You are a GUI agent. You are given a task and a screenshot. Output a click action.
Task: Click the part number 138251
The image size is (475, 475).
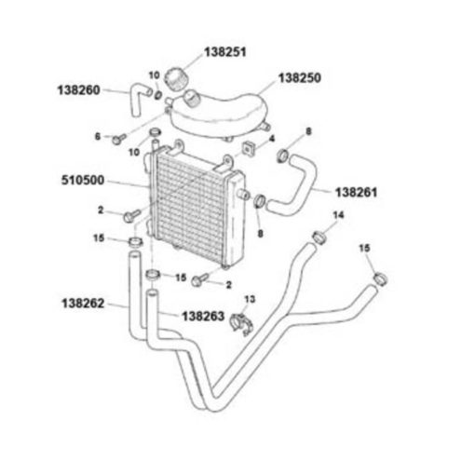[x=225, y=52]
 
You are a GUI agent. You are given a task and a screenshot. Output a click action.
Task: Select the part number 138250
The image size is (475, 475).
[x=300, y=78]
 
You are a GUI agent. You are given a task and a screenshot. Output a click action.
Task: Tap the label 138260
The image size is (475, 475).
[x=79, y=90]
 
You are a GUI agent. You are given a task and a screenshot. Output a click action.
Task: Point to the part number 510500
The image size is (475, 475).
[x=83, y=181]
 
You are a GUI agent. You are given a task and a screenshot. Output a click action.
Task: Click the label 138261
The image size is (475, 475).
[x=357, y=193]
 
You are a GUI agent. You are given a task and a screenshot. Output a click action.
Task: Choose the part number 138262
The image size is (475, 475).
[x=83, y=304]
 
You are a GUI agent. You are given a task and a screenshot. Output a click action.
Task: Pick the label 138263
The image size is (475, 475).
[x=203, y=317]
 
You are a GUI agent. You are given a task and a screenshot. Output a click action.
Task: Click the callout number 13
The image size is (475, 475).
[x=250, y=299]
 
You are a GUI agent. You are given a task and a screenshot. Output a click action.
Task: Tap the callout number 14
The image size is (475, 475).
[x=338, y=215]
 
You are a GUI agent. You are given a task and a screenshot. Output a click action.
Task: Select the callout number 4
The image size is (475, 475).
[x=272, y=139]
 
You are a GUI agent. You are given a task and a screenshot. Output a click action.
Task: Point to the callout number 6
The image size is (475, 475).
[x=98, y=136]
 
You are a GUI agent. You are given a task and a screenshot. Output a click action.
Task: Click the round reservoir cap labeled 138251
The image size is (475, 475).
[x=176, y=79]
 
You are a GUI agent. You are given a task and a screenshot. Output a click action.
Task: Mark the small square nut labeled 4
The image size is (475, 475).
[x=247, y=149]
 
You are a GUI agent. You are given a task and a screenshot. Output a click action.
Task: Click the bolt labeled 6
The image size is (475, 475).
[x=119, y=139]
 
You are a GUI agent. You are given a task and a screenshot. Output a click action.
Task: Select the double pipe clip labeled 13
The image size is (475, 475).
[x=243, y=324]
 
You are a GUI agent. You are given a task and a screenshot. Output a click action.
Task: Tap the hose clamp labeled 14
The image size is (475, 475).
[x=319, y=238]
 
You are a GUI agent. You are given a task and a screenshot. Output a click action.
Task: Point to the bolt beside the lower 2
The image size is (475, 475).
[x=200, y=279]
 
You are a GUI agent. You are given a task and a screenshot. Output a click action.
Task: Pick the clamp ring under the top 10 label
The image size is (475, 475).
[x=157, y=94]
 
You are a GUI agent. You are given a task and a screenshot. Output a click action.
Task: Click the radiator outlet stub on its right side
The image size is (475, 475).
[x=243, y=195]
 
